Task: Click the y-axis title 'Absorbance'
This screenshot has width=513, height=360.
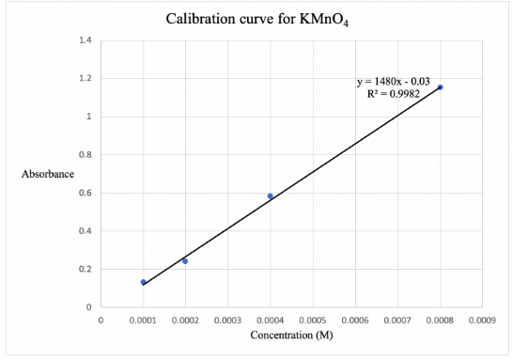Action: click(x=47, y=174)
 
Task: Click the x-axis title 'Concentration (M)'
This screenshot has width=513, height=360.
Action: click(x=290, y=336)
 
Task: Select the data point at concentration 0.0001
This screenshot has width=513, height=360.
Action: click(x=143, y=282)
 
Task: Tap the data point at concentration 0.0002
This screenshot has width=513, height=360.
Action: click(x=185, y=260)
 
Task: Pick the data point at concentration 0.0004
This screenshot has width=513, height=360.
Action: click(x=271, y=196)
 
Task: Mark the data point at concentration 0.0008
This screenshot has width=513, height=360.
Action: click(x=440, y=87)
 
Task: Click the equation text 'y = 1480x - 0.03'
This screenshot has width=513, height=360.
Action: click(x=393, y=82)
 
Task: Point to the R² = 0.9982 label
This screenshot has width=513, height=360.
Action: click(x=393, y=94)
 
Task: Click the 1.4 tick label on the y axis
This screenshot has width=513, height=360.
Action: click(x=85, y=40)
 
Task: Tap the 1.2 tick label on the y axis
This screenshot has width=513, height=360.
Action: click(x=85, y=79)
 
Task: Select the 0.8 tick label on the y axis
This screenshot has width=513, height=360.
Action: click(x=85, y=155)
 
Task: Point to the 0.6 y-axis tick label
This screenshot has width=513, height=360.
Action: click(x=85, y=194)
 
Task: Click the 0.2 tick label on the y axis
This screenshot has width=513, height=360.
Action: click(x=85, y=270)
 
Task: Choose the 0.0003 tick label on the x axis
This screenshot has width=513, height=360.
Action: click(x=227, y=321)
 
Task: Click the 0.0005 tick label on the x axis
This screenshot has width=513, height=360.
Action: click(x=312, y=321)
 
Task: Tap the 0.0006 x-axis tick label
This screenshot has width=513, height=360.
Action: click(x=355, y=321)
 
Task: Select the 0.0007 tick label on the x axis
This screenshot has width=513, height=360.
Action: click(x=397, y=321)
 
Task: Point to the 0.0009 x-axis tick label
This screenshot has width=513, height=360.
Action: click(x=482, y=321)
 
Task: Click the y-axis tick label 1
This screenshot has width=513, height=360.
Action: click(x=88, y=117)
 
